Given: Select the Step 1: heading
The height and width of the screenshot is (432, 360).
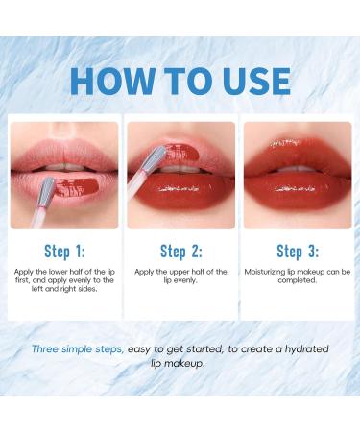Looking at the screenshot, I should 64,252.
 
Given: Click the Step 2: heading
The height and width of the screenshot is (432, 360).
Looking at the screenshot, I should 180,252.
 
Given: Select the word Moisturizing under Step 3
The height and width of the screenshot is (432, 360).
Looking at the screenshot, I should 271,273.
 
